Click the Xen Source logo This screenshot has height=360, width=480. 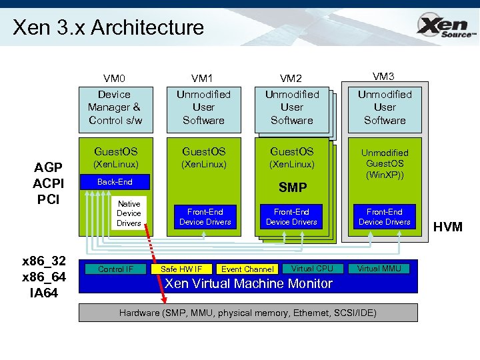point(445,27)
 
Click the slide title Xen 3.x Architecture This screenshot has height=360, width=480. point(108,28)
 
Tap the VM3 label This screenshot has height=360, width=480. point(385,76)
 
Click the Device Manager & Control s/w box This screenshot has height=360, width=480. point(115,107)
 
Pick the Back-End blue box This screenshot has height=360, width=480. point(115,182)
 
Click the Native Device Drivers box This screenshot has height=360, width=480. point(129,213)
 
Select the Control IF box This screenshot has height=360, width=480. point(115,269)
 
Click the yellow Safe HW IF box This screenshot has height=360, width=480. point(181,269)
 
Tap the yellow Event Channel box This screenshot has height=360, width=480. point(247,269)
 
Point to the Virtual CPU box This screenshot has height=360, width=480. point(312,269)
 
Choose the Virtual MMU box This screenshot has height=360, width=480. point(379,269)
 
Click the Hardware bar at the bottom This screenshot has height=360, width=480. point(248,313)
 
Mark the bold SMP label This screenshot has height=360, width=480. point(291,187)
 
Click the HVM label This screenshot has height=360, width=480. point(448,227)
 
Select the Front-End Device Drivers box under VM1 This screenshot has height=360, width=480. point(205,217)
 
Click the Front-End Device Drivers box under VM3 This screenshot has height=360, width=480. point(385,217)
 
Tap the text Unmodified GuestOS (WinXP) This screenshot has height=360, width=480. point(385,164)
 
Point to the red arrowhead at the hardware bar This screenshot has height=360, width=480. point(165,300)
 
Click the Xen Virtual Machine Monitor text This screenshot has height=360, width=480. point(248,284)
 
